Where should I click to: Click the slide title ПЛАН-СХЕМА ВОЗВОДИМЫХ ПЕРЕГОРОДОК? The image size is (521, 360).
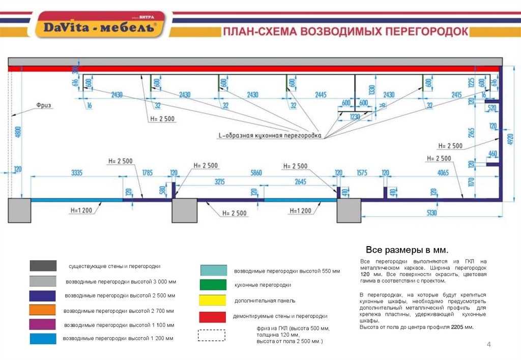tap(345, 32)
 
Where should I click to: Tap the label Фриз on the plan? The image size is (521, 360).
tap(44, 105)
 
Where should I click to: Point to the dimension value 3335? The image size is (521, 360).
tap(76, 173)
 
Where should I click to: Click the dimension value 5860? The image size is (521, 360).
tap(256, 173)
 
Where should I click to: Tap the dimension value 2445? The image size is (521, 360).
tap(321, 95)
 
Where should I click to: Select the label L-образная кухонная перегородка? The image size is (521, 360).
tap(270, 136)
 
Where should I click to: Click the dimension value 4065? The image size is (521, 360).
tap(443, 173)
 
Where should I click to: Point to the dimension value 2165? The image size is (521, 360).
tap(471, 133)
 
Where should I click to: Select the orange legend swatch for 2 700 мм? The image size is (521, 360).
tap(43, 310)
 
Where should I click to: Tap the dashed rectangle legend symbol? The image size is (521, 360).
tap(211, 335)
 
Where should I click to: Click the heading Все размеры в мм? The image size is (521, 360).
tap(407, 250)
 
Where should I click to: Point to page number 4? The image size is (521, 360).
tap(489, 345)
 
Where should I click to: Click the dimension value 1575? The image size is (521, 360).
tap(362, 173)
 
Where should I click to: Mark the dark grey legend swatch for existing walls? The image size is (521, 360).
tap(43, 266)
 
